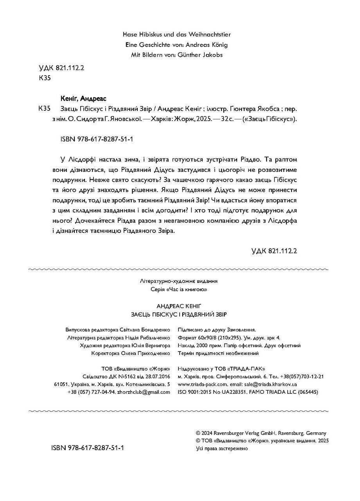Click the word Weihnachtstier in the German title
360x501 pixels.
pyautogui.click(x=214, y=35)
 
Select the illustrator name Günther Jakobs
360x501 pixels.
pyautogui.click(x=200, y=55)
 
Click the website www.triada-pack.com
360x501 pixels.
pyautogui.click(x=202, y=384)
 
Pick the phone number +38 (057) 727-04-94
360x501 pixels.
pyautogui.click(x=91, y=392)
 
